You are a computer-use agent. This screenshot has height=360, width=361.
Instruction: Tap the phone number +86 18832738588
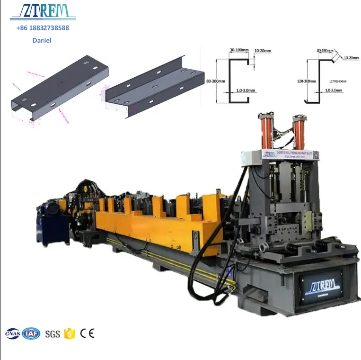pos(43,28)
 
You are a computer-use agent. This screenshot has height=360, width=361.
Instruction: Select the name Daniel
pos(42,40)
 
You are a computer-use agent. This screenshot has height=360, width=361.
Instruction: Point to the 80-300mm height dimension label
pos(215,81)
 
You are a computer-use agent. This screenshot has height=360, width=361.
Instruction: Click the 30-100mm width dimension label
pos(239,50)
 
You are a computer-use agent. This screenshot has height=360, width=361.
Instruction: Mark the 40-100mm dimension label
pos(325,50)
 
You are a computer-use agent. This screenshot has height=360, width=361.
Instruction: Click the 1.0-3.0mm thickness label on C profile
pos(244,90)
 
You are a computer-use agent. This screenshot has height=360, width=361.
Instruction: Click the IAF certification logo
pos(31,333)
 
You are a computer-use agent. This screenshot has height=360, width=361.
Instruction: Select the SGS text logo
pos(53,334)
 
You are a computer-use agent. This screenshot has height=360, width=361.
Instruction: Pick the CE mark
pos(87,333)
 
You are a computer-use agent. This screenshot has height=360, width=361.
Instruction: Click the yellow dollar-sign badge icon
pos(70,333)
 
